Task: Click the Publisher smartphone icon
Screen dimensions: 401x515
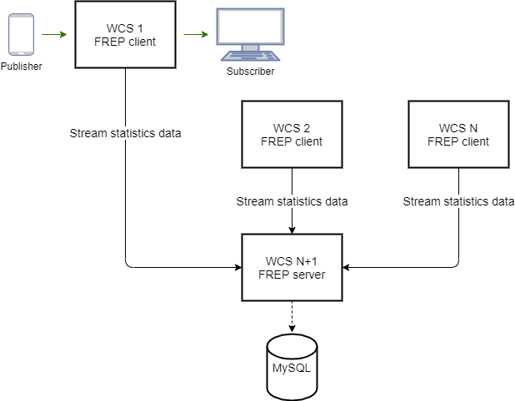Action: click(x=20, y=35)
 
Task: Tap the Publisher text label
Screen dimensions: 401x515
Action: click(x=21, y=66)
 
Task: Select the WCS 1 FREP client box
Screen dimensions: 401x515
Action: click(x=125, y=35)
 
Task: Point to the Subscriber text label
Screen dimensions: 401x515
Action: click(x=250, y=72)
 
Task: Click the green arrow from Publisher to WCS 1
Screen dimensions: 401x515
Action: click(x=53, y=35)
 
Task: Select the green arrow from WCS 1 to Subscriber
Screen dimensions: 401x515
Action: click(x=196, y=35)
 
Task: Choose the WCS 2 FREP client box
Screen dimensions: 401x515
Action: click(x=292, y=134)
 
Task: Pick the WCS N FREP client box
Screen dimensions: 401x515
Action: click(x=458, y=134)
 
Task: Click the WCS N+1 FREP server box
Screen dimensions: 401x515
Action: click(x=292, y=267)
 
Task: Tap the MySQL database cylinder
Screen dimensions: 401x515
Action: click(x=292, y=367)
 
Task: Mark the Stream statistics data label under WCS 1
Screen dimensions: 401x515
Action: click(x=125, y=133)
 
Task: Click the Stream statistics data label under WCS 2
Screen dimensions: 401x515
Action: click(x=292, y=200)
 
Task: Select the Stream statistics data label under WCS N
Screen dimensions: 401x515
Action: click(x=458, y=200)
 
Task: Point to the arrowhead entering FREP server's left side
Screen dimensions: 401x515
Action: click(x=237, y=267)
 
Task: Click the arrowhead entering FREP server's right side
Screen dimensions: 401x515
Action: click(x=347, y=267)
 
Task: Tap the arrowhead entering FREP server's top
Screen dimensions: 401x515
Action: click(x=292, y=229)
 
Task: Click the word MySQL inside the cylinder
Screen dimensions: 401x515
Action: click(x=292, y=368)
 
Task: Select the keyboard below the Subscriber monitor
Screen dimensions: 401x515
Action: click(x=249, y=57)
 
